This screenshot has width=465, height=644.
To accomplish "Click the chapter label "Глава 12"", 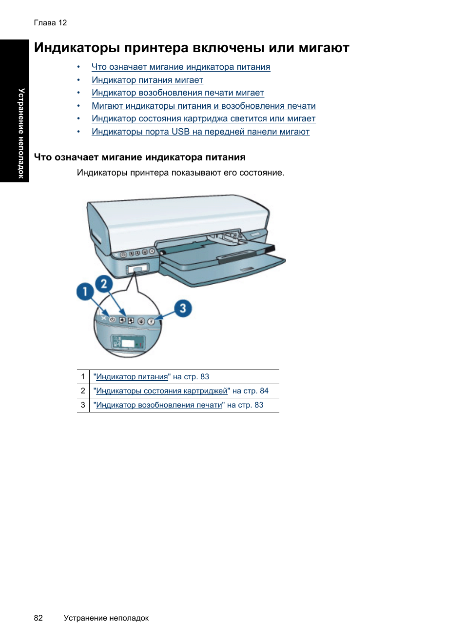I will point(50,23).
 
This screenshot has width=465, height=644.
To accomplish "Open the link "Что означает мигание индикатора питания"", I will point(180,67).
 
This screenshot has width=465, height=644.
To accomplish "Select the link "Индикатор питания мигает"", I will point(147,80).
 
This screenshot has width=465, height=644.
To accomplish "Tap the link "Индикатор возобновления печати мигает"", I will point(177,93).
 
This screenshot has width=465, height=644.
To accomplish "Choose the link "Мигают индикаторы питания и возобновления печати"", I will point(203,106).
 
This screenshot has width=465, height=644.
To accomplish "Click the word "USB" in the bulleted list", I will point(180,132).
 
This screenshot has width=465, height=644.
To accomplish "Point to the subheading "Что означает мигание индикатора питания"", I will point(139,157).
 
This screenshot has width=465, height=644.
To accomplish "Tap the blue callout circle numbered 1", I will point(85,292).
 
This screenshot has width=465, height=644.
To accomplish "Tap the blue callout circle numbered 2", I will point(104,283).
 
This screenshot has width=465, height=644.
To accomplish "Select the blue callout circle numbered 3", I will point(183,308).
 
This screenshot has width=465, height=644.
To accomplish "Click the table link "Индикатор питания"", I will point(132,377).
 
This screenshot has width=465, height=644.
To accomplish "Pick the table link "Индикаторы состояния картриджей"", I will point(161,391).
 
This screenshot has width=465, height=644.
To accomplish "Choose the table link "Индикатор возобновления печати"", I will point(159,405).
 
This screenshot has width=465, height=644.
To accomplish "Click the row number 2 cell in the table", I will point(83,391).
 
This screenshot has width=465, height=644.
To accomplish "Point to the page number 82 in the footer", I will point(39,618).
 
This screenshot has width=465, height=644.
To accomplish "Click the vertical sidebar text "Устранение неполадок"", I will point(21,133).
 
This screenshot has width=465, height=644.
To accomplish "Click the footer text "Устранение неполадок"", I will point(106,618).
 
